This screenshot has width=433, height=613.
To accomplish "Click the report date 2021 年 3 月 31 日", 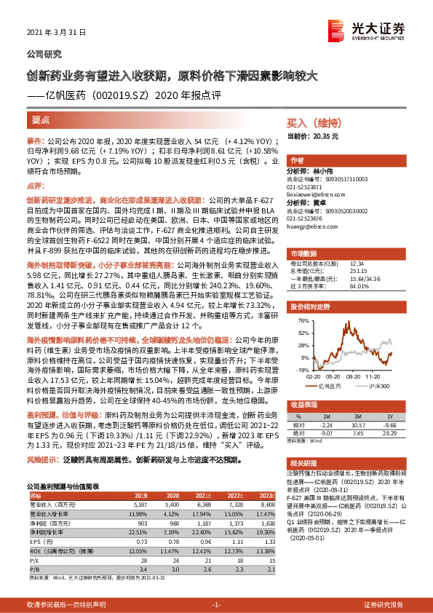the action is coord(56,33).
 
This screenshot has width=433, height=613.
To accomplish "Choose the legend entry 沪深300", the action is coord(377,386).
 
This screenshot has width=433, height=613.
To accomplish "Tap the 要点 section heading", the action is coord(41,119).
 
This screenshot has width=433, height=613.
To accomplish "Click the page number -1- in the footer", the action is coord(216,605).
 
